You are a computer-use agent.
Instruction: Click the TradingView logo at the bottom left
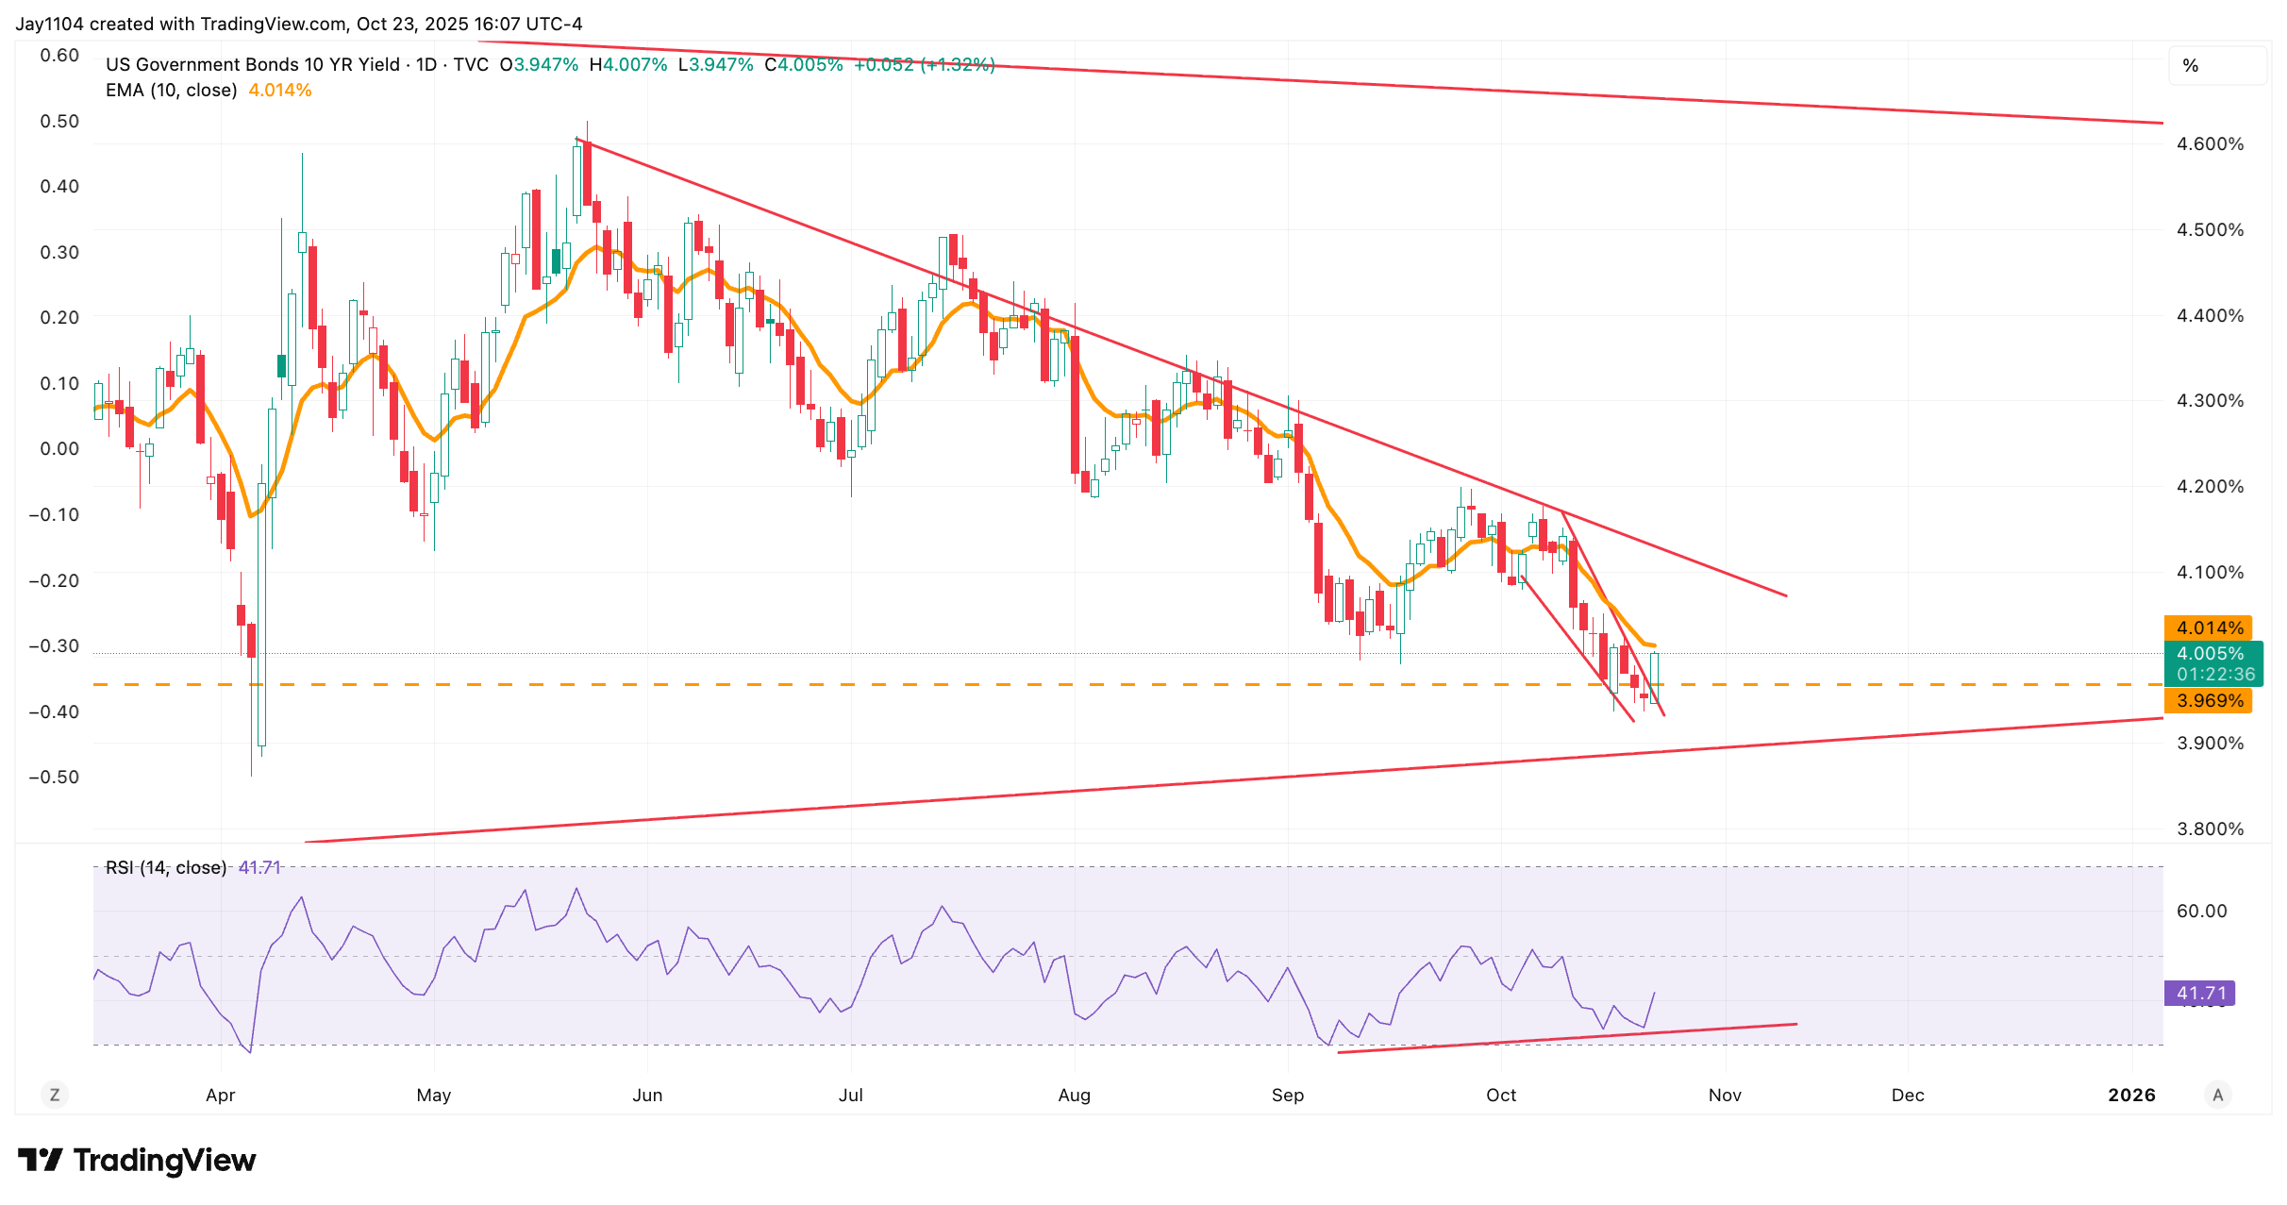(x=137, y=1160)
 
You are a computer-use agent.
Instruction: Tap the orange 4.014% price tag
(x=2209, y=628)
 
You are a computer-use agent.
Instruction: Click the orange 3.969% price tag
(x=2209, y=700)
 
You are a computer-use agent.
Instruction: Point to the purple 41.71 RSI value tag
(x=2200, y=993)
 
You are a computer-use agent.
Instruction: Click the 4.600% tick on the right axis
(x=2210, y=143)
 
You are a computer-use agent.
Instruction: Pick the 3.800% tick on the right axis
(x=2210, y=828)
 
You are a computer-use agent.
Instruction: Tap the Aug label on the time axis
(x=1074, y=1095)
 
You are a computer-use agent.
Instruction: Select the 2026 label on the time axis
(x=2131, y=1095)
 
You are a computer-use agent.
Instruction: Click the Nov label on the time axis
(x=1725, y=1095)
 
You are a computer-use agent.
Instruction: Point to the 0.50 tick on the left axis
(x=59, y=121)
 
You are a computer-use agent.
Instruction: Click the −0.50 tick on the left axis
(x=54, y=777)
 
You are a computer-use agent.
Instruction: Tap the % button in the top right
(x=2191, y=65)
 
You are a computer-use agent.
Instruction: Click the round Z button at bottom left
(x=55, y=1095)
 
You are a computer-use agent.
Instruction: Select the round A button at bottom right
(x=2218, y=1095)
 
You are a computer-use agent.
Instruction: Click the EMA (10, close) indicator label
(x=171, y=91)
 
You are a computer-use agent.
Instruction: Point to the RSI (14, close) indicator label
(x=166, y=867)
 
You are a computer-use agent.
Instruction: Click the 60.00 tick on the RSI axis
(x=2201, y=911)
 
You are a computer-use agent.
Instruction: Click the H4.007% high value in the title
(x=627, y=64)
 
